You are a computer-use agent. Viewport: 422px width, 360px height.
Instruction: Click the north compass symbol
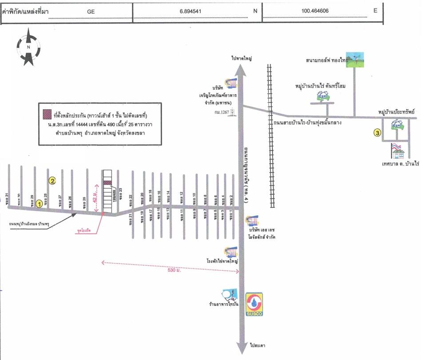(x=28, y=47)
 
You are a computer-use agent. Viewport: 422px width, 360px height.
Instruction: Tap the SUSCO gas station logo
(x=254, y=305)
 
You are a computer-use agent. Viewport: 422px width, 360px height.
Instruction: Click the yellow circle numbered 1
(x=40, y=204)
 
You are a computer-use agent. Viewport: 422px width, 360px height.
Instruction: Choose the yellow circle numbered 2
(x=52, y=180)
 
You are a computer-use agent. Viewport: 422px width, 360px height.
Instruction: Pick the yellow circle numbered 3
(x=377, y=132)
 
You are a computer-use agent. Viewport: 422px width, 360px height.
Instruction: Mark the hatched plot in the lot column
(x=108, y=182)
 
